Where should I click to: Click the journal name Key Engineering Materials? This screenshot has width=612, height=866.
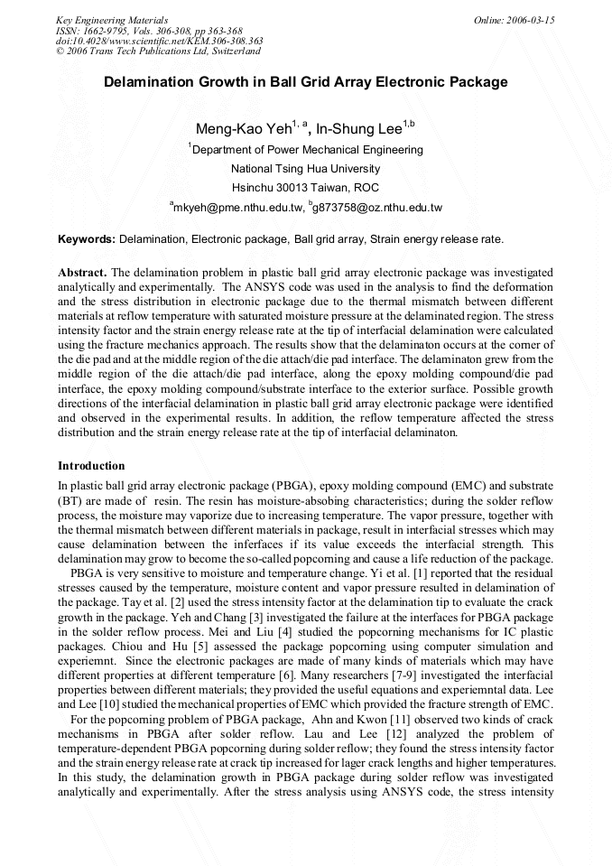[x=112, y=20]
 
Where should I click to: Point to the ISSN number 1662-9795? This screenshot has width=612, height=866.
[x=108, y=31]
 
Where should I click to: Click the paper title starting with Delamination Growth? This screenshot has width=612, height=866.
[x=305, y=82]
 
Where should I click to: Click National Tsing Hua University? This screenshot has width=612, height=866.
[x=305, y=168]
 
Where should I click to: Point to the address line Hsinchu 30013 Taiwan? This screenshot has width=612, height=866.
[x=305, y=188]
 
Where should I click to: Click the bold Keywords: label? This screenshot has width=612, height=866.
[x=87, y=239]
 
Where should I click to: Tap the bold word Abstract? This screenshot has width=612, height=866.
[x=82, y=272]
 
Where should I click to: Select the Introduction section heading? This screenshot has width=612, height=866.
[x=91, y=466]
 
